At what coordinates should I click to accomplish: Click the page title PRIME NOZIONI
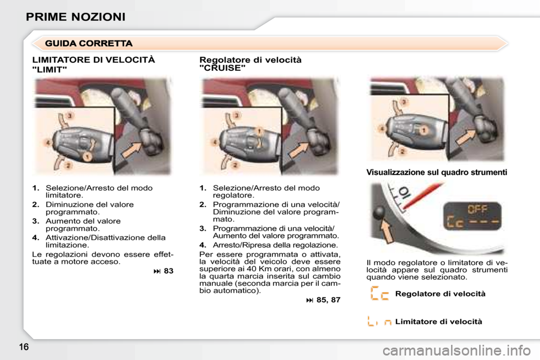coord(75,16)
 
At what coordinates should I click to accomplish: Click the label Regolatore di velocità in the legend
coord(440,294)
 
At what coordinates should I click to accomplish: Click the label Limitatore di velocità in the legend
coord(439,322)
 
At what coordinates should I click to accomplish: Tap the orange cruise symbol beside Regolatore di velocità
coord(380,294)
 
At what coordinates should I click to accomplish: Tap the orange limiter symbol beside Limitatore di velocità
coord(379,322)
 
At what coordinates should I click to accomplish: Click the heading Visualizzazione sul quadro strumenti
coord(436,173)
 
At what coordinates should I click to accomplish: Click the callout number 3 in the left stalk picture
coord(69,115)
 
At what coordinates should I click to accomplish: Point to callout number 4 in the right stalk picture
coord(381,129)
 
